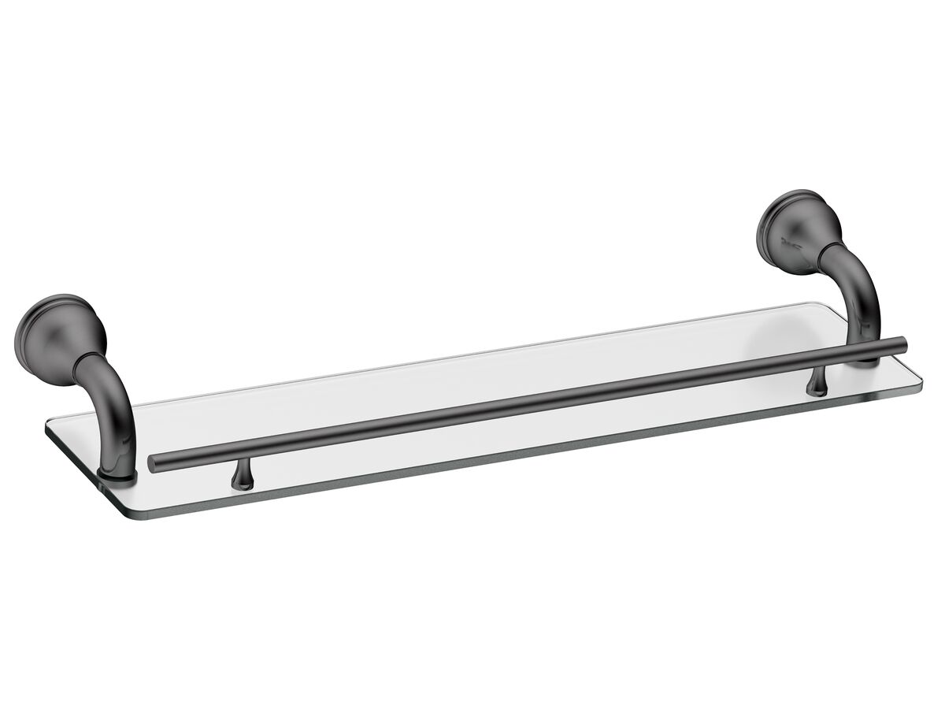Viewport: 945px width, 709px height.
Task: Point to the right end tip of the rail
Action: click(902, 343)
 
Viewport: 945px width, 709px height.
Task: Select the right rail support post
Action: click(815, 383)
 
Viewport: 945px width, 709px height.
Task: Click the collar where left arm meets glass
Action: click(117, 475)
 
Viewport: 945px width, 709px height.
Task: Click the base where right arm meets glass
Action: click(866, 361)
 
